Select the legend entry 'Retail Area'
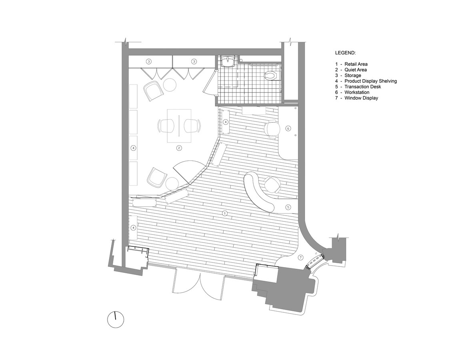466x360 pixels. [356, 64]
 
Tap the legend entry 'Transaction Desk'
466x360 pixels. [362, 86]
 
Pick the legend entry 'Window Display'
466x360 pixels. [361, 98]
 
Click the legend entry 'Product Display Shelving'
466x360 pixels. [371, 81]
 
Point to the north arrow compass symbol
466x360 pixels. [116, 320]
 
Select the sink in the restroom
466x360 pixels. [228, 61]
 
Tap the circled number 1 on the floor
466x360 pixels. [225, 213]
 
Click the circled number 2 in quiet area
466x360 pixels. [179, 148]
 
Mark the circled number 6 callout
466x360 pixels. [288, 128]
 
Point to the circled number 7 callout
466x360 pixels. [300, 257]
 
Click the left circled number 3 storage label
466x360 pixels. [148, 62]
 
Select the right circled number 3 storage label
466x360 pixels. [194, 62]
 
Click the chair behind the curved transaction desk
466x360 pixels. [272, 185]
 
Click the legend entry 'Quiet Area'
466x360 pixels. [356, 70]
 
